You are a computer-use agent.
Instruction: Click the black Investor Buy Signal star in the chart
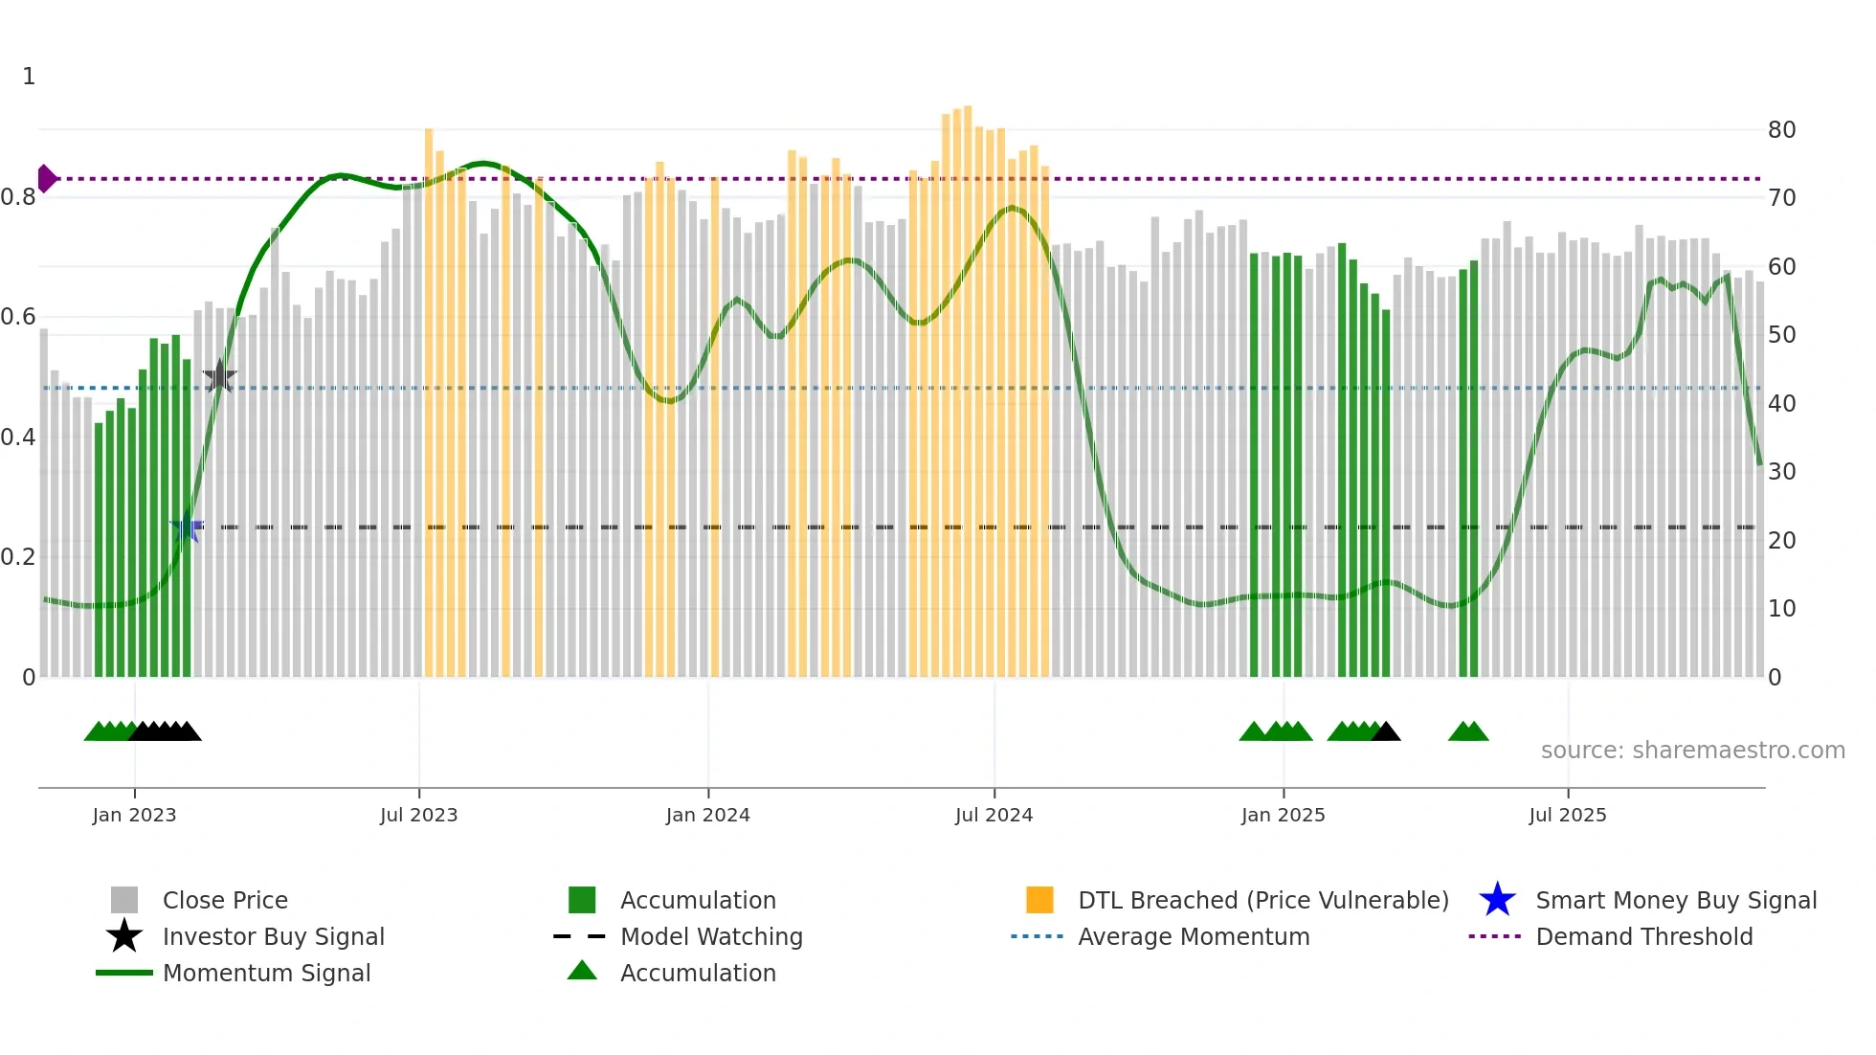coord(219,377)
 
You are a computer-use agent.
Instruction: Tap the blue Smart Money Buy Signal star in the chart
coord(187,527)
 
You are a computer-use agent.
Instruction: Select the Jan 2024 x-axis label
coord(707,815)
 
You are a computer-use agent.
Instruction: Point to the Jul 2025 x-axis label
coord(1567,815)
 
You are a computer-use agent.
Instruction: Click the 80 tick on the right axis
coord(1781,129)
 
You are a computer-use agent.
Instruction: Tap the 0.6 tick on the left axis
coord(18,317)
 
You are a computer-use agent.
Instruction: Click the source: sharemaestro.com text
coord(1692,751)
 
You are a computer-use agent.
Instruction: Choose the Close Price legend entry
coord(225,900)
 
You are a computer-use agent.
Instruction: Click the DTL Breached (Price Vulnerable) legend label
coord(1262,900)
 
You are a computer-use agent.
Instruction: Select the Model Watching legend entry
coord(711,936)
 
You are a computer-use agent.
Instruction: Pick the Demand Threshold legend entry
coord(1643,936)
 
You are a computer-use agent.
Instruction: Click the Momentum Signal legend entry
coord(266,973)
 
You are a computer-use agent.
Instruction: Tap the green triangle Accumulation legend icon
coord(582,971)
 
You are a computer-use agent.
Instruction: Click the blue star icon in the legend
coord(1497,900)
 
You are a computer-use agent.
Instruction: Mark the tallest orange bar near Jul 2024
coord(968,383)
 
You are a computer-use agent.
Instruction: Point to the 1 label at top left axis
coord(29,77)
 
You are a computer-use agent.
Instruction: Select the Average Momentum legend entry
coord(1193,936)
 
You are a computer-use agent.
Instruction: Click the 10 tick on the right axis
coord(1781,609)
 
